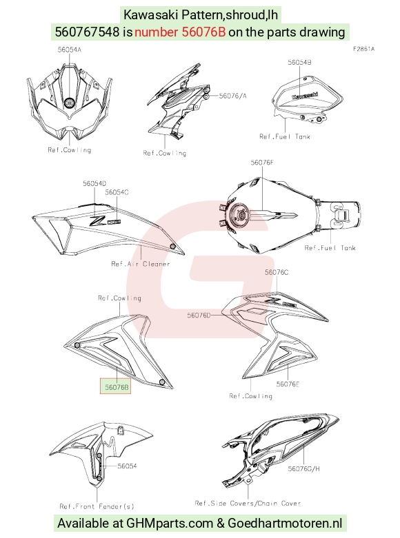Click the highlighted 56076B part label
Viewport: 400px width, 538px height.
pos(117,387)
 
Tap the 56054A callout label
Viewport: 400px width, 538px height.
pos(70,50)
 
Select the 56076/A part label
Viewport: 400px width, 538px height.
pos(232,96)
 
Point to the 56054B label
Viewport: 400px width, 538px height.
pos(300,63)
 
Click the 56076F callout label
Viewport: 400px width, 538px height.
pos(262,163)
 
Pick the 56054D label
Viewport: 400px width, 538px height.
pos(94,183)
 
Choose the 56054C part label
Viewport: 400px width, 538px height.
pos(117,192)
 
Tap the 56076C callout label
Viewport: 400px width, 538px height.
pos(277,272)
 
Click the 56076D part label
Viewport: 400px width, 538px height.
pos(199,315)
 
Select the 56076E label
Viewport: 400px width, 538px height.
pos(288,384)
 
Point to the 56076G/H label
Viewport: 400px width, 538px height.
pos(303,468)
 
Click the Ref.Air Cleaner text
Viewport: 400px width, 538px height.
pos(141,264)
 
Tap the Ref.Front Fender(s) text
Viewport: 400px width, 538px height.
pos(97,506)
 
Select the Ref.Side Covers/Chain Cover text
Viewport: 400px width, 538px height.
pos(248,504)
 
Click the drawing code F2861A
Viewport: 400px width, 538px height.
pos(364,49)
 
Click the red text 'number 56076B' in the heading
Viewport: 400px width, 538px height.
pos(180,32)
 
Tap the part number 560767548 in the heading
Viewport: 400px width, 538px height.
pos(88,32)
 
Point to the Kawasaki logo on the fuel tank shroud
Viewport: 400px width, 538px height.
pos(305,96)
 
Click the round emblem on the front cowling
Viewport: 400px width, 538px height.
pos(70,102)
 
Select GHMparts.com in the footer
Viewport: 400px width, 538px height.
pos(170,524)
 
